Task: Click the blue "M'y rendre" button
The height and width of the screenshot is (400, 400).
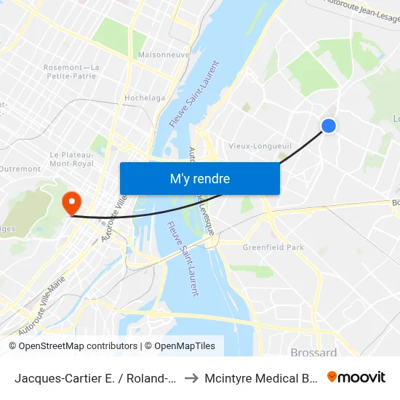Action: click(x=199, y=179)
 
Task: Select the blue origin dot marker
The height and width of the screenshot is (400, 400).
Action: click(x=329, y=126)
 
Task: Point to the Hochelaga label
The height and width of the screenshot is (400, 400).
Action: click(x=145, y=97)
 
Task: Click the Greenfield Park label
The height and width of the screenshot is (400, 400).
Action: click(x=273, y=247)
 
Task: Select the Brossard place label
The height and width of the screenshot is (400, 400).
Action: click(x=313, y=353)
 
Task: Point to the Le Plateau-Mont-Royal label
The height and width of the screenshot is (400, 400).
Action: click(x=71, y=159)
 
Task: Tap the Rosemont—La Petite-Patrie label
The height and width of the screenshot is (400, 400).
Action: click(x=71, y=72)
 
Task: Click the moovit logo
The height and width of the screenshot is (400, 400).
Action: click(x=356, y=377)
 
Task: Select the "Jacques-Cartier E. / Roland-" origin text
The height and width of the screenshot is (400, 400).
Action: click(x=95, y=378)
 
